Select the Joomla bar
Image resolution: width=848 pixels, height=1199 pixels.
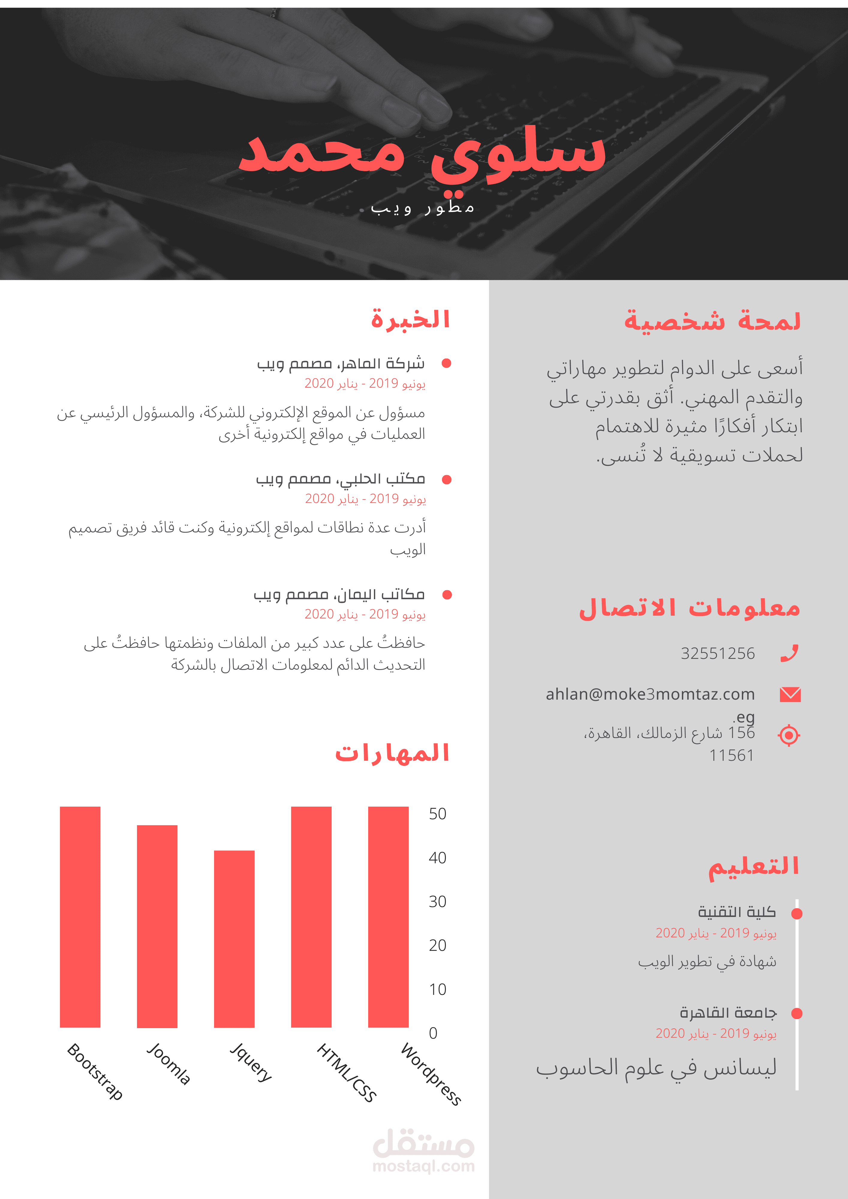click(157, 927)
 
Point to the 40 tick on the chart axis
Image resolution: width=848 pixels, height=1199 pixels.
click(437, 858)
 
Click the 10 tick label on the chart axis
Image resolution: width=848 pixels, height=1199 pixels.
click(437, 989)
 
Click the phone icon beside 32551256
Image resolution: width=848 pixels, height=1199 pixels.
click(790, 653)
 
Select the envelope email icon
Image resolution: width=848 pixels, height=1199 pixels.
click(790, 695)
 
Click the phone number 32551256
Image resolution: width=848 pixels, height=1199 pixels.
click(717, 653)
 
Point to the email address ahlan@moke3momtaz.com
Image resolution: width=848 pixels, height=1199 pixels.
click(650, 695)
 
